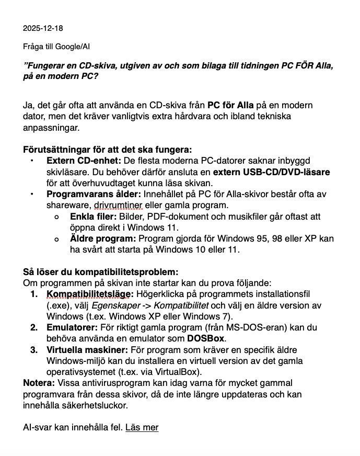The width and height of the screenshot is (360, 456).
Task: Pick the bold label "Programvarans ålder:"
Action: [x=90, y=194]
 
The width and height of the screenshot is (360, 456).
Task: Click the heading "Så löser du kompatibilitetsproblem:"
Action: [x=100, y=272]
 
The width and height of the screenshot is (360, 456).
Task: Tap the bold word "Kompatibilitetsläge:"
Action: [x=90, y=294]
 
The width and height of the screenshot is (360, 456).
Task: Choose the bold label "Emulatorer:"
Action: [x=72, y=327]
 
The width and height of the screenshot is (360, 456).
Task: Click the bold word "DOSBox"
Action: [x=205, y=338]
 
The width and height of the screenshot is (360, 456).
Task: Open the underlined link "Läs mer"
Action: [x=142, y=428]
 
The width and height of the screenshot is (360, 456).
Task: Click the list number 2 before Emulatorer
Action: [x=34, y=327]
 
